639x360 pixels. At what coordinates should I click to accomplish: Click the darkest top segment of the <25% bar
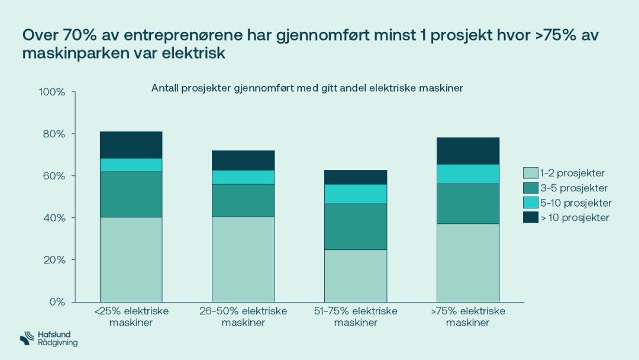tap(131, 144)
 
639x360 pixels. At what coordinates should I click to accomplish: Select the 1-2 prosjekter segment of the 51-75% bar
tap(355, 275)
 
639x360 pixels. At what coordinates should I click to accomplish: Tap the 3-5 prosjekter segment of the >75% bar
tap(467, 203)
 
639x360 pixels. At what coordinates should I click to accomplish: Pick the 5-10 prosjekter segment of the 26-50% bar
tap(243, 177)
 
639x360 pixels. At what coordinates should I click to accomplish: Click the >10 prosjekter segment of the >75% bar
tap(467, 151)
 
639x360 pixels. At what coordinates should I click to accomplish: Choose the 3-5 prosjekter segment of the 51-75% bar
tap(355, 226)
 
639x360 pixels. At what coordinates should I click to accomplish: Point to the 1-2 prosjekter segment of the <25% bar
tap(131, 259)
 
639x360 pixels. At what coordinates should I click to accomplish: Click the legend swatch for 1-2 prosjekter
tap(530, 173)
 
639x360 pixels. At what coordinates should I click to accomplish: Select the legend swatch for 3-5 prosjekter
tap(530, 188)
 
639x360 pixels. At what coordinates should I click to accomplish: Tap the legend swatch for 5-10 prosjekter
tap(530, 203)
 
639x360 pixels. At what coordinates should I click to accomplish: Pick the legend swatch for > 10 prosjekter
tap(530, 218)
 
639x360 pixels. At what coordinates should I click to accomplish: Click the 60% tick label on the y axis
tap(54, 176)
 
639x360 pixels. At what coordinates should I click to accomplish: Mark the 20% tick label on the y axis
tap(54, 260)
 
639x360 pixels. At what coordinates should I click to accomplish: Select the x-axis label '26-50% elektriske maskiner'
tap(243, 317)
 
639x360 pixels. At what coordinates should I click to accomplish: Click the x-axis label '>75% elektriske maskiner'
tap(467, 317)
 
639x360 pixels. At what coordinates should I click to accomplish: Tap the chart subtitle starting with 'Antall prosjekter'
tap(306, 88)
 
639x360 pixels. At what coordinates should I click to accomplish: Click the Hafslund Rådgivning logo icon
tap(27, 339)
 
